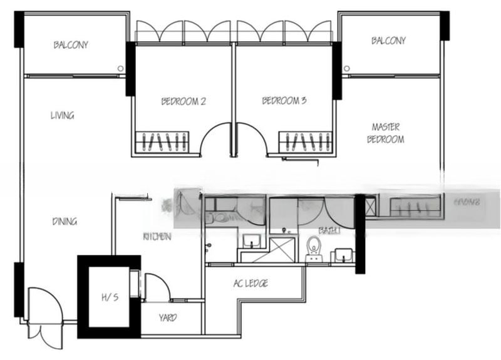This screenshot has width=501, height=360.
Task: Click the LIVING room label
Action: pos(63,115)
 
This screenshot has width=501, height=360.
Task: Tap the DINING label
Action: pos(65,221)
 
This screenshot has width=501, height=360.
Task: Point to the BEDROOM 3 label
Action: pos(284,101)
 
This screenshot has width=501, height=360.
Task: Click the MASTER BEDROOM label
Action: pos(385,133)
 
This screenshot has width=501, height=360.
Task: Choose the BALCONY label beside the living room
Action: pos(71,45)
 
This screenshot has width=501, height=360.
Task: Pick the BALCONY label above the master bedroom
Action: pos(388,41)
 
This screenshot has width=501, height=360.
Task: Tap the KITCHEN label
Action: pos(157,237)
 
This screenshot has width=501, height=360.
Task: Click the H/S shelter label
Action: pos(109,297)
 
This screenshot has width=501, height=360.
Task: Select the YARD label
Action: pos(168,317)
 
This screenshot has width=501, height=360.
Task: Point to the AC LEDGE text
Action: pos(250,284)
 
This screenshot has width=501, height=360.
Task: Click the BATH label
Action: pos(329,231)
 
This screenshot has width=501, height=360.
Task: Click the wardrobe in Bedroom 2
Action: pos(163,142)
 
